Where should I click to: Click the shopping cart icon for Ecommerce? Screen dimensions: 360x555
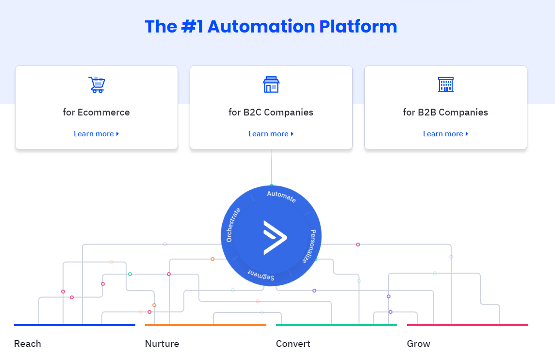coord(97,84)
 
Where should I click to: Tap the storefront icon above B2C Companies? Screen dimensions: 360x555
coord(271,84)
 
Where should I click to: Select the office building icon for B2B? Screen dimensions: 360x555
coord(445,84)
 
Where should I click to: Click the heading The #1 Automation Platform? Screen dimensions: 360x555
coord(271,26)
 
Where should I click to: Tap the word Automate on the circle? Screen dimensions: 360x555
coord(281,196)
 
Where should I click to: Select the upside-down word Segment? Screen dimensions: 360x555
coord(261,275)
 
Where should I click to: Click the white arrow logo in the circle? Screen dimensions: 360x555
coord(275,237)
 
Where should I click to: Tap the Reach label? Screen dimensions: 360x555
coord(28,344)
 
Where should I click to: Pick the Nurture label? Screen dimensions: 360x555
coord(162,344)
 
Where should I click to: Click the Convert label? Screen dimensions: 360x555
coord(293,344)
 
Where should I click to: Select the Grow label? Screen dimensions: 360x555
coord(419,344)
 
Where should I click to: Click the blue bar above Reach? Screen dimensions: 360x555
coord(75,325)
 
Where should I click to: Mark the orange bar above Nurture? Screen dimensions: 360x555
coord(206,325)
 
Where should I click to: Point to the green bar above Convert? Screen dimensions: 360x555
coord(337,325)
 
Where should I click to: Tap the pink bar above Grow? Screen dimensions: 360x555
coord(468,325)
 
